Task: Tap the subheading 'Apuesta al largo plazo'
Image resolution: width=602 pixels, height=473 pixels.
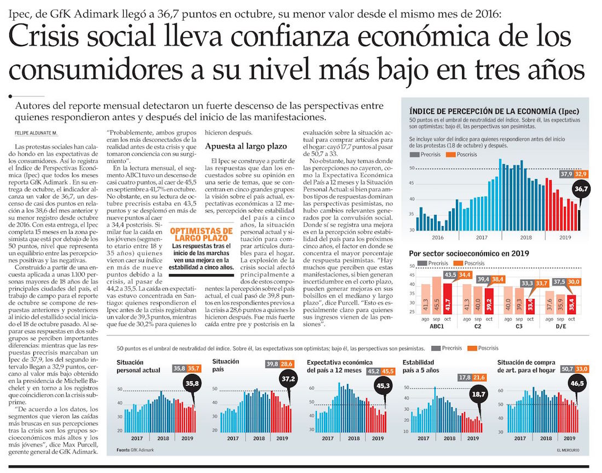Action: pos(239,146)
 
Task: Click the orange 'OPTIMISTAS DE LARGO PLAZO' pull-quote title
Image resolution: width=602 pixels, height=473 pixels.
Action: pos(201,235)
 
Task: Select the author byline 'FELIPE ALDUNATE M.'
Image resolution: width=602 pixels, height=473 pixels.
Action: pos(36,133)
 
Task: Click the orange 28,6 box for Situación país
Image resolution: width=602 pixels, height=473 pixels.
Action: pos(287,364)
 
